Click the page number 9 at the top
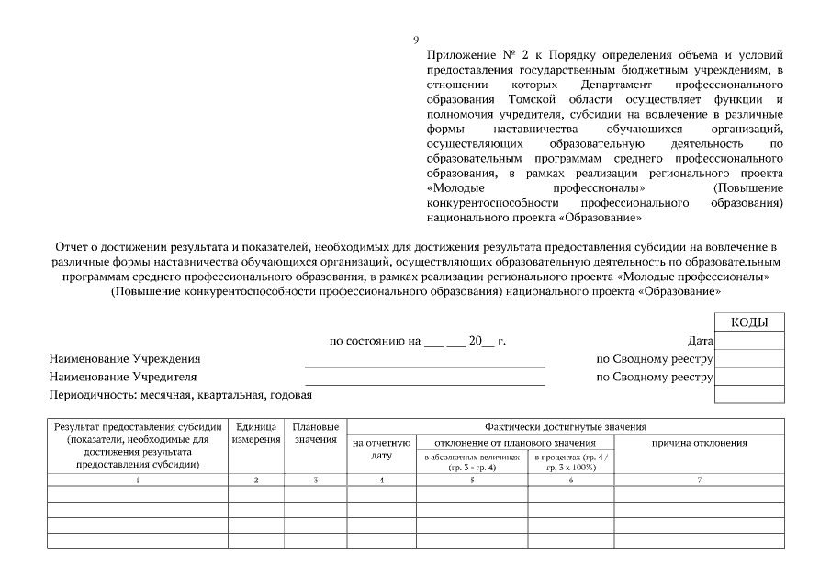coord(416,40)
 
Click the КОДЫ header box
coord(749,322)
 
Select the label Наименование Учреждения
coord(125,359)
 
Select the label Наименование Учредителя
coord(123,377)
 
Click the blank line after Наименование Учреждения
coord(424,365)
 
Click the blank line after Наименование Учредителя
coord(424,382)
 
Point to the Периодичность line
coord(181,395)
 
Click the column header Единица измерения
coord(256,434)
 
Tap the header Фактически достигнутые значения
coord(566,426)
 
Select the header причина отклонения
coord(700,443)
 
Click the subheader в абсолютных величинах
coord(473,461)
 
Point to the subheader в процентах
coord(570,461)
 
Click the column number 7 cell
coord(700,480)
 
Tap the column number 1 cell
coord(138,480)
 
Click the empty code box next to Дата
coord(749,341)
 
